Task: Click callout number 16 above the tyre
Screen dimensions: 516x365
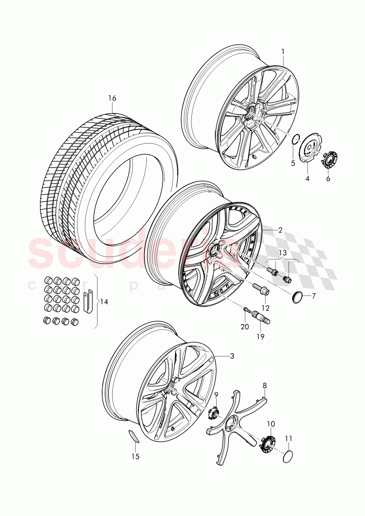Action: pyautogui.click(x=112, y=99)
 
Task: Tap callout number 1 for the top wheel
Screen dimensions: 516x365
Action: pyautogui.click(x=282, y=51)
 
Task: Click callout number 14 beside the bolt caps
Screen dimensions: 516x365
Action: pyautogui.click(x=104, y=302)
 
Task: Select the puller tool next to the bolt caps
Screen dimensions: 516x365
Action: pyautogui.click(x=88, y=300)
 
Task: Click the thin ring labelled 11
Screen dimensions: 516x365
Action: pyautogui.click(x=289, y=456)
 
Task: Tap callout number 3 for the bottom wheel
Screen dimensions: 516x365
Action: pyautogui.click(x=231, y=356)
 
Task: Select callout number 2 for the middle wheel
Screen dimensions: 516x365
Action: pyautogui.click(x=280, y=230)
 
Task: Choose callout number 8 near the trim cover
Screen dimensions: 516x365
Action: pyautogui.click(x=265, y=386)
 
